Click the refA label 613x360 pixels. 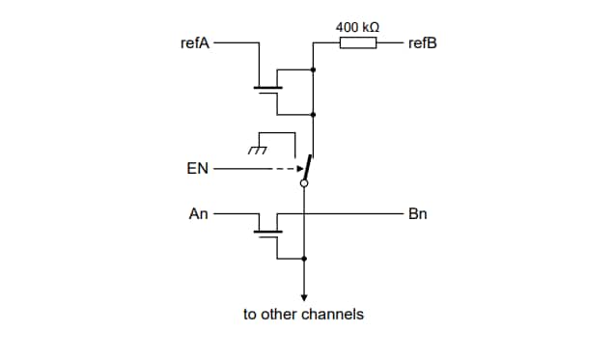(x=195, y=43)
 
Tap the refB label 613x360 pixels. (x=423, y=43)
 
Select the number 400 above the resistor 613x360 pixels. (x=347, y=26)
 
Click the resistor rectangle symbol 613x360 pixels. (x=358, y=43)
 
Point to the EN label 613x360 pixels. (x=197, y=169)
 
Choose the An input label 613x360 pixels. (x=198, y=213)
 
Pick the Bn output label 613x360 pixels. (x=418, y=213)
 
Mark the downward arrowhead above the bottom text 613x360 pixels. (x=304, y=297)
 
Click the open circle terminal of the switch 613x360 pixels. (x=304, y=181)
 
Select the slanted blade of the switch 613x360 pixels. (x=308, y=166)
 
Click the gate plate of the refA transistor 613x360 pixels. (x=267, y=89)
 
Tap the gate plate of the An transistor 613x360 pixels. (x=267, y=233)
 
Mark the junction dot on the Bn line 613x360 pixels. (x=304, y=213)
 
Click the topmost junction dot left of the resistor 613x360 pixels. (x=314, y=69)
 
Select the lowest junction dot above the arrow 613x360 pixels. (x=304, y=259)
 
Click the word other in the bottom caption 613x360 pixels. (x=280, y=315)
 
